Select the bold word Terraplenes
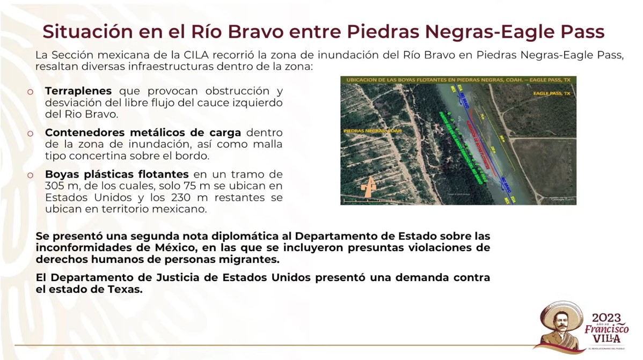(x=78, y=91)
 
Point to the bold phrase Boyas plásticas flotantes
(x=116, y=174)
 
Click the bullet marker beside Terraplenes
(x=31, y=92)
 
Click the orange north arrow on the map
(x=368, y=190)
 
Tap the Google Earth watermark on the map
(x=563, y=200)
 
